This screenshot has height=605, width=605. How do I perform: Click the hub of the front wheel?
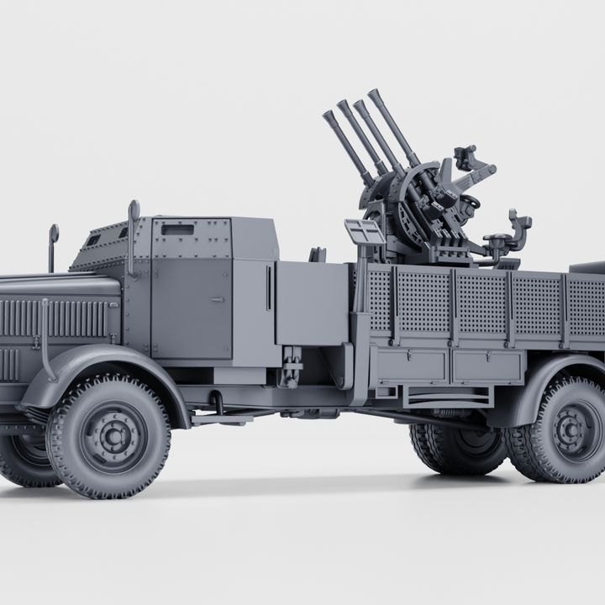tap(109, 436)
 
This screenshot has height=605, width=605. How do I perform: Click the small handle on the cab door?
tap(218, 298)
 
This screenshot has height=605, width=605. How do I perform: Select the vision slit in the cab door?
tap(176, 229)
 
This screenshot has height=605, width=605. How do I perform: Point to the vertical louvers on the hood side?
tap(59, 319)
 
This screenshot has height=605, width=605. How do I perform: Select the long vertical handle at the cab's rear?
tap(270, 288)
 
